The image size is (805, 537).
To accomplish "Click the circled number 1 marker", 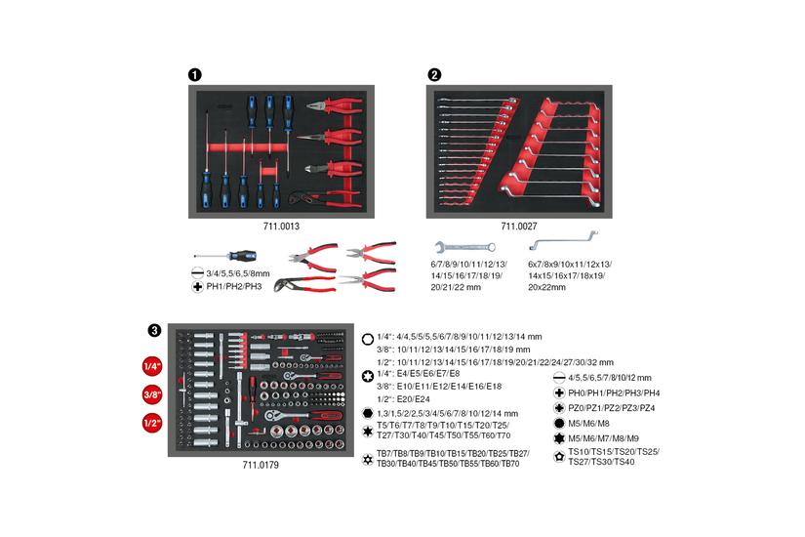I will [195, 74].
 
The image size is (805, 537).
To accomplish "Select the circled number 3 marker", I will [153, 330].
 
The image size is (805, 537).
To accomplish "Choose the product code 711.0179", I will [261, 466].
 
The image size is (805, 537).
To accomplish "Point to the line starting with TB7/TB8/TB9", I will [453, 453].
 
